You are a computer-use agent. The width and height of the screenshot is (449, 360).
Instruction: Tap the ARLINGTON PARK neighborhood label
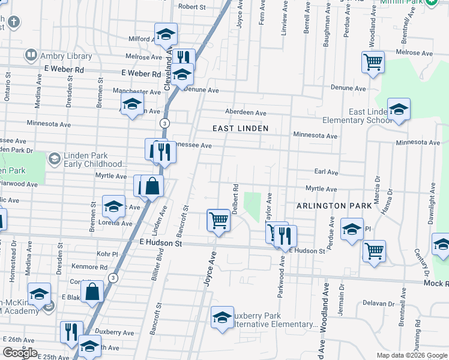click(334, 206)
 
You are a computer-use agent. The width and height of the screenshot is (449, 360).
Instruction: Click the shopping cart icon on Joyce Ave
click(219, 221)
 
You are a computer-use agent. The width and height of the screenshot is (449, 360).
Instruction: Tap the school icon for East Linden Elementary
click(399, 110)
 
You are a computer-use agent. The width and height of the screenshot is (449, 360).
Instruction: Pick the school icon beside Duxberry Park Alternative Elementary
click(222, 317)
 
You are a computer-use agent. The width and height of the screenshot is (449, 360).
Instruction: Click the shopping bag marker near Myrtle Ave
click(152, 187)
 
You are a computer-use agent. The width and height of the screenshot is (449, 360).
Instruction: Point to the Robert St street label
click(191, 7)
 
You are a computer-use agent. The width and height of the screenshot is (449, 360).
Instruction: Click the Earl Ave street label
click(326, 172)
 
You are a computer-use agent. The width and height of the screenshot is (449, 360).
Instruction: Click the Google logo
click(20, 353)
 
